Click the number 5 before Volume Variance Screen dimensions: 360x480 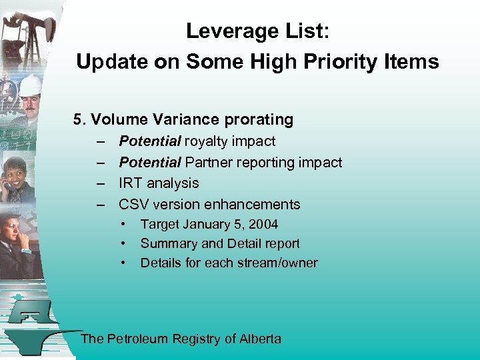coord(78,120)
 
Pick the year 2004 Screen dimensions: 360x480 coord(263,225)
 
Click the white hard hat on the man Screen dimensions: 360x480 coord(31,85)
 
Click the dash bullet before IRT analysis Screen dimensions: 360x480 coord(100,183)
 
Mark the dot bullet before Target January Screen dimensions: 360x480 coord(124,225)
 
